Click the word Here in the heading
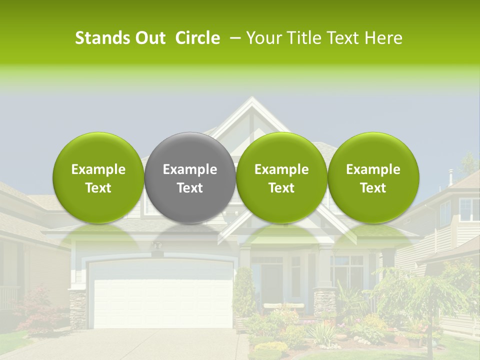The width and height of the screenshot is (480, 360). point(385,38)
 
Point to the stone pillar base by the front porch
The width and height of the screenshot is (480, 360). point(324,302)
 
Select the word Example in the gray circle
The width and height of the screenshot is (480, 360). point(190,170)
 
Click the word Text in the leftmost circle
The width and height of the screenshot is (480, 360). point(98,188)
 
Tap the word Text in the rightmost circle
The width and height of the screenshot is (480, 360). point(373,188)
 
